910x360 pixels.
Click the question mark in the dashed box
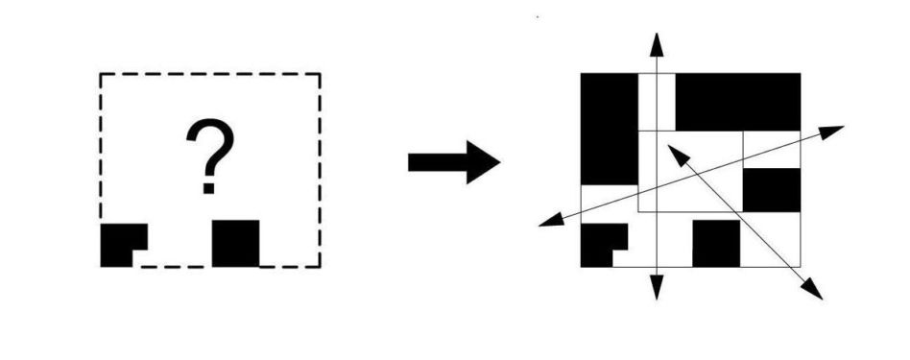[210, 156]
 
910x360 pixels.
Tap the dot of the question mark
[209, 188]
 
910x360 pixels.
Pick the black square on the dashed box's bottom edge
[235, 243]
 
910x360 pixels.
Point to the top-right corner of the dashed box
[320, 73]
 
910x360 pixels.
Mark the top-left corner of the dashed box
[101, 73]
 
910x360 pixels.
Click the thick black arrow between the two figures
[454, 162]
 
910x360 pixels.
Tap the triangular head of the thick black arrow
[483, 162]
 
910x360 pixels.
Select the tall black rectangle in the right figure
[610, 129]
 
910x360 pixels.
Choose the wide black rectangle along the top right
[738, 102]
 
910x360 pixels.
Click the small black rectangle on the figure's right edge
[772, 190]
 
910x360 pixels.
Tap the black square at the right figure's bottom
[716, 243]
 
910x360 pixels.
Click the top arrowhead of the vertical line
[657, 45]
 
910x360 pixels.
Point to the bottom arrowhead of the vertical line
[657, 287]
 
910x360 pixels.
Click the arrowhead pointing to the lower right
[813, 290]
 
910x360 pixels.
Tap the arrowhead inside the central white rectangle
[678, 155]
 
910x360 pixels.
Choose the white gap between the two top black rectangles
[657, 102]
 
